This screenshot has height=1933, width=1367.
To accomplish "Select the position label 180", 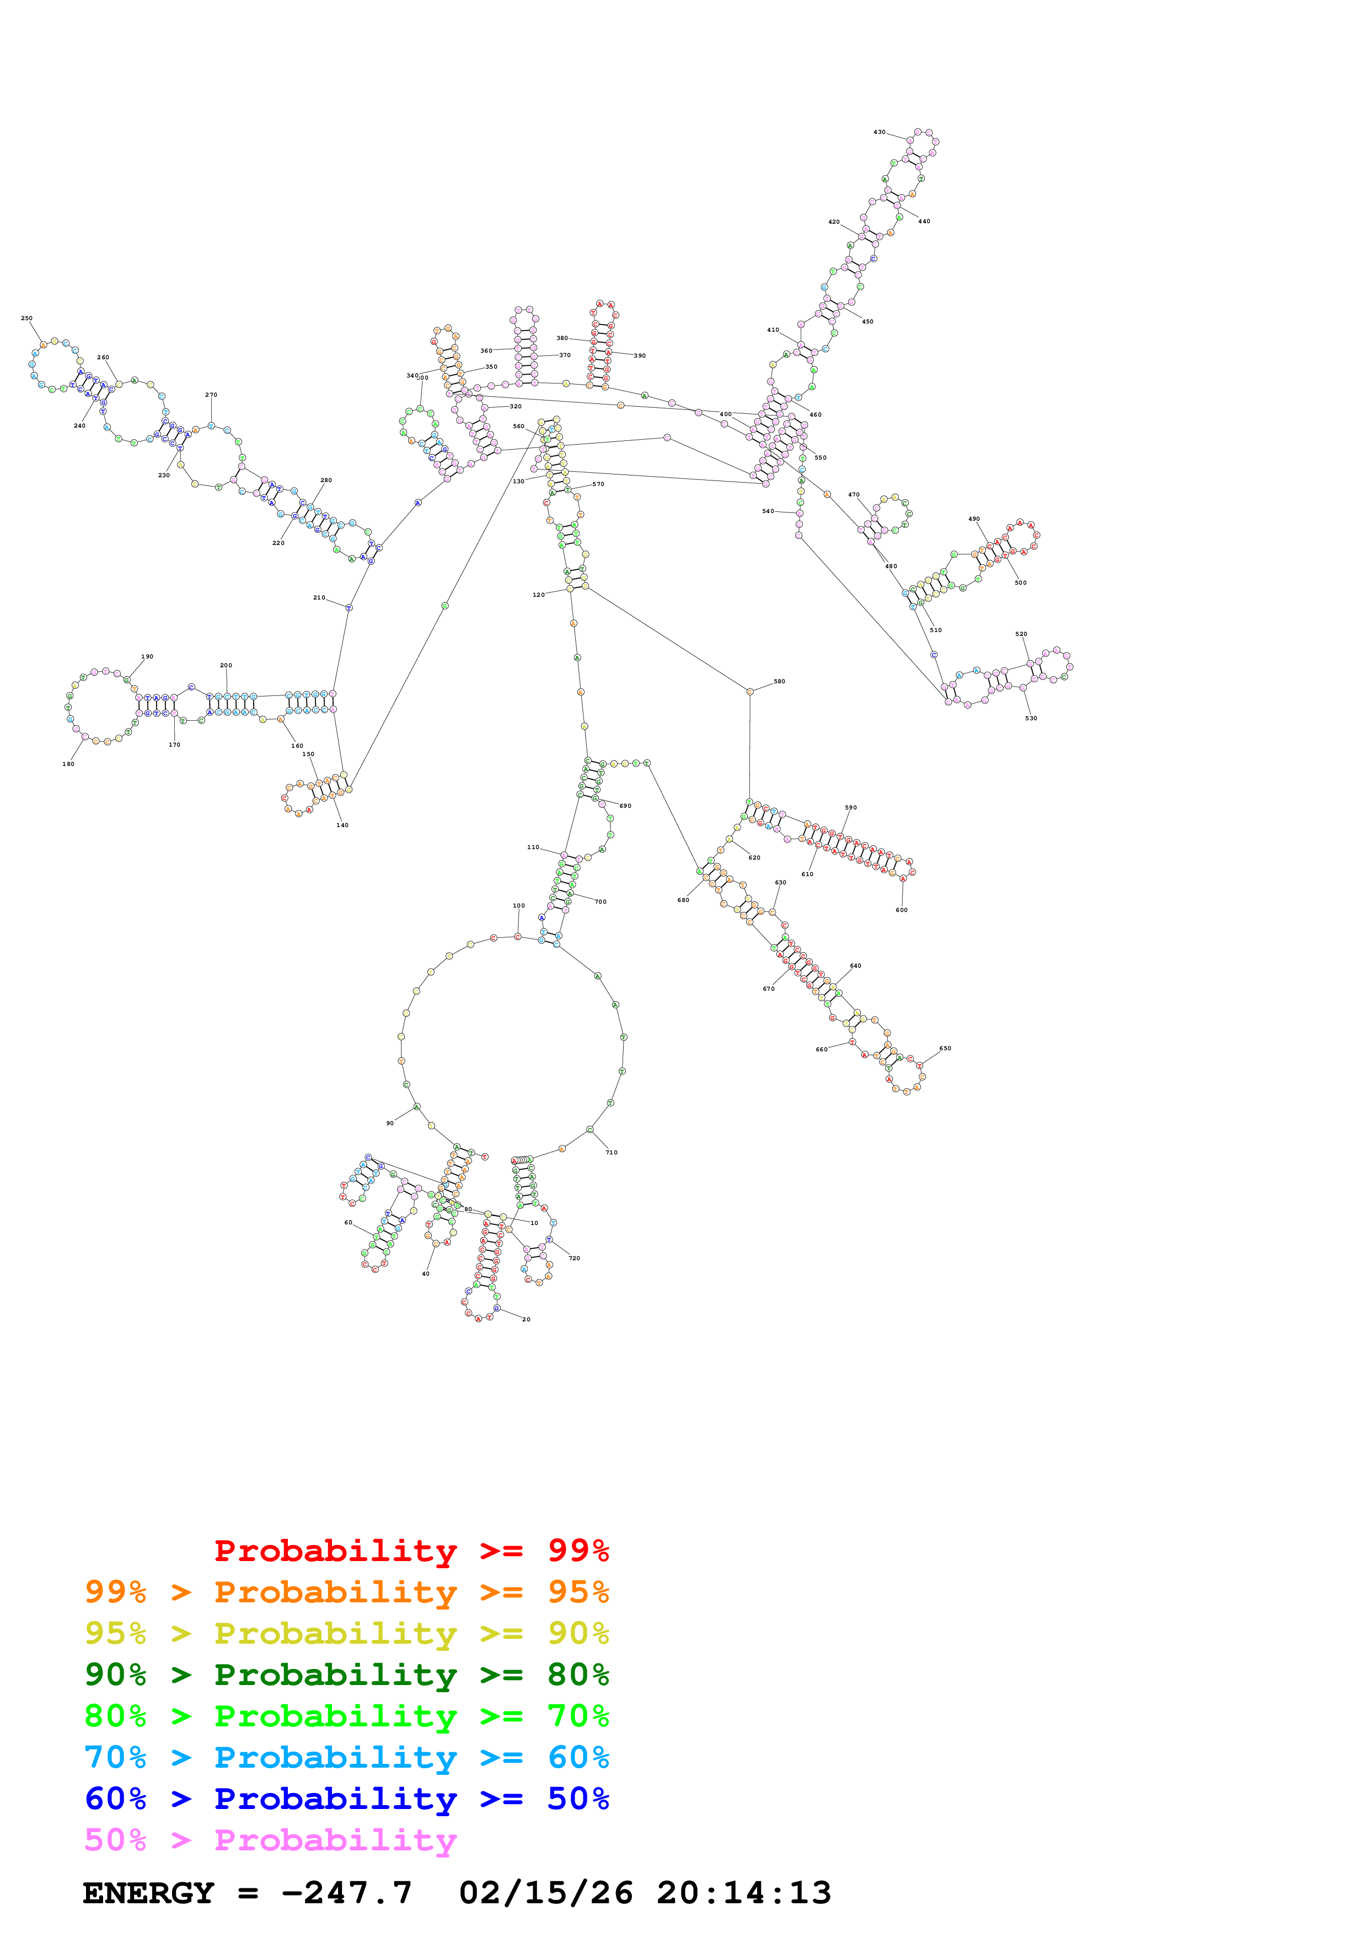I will tap(68, 764).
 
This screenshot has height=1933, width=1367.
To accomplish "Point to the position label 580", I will tap(779, 681).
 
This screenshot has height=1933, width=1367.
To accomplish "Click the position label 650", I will tap(945, 1048).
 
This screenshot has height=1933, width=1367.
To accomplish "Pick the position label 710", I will tap(612, 1152).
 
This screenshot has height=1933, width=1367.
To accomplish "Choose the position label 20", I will tap(527, 1319).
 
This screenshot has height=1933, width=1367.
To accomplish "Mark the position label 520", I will tap(1021, 633).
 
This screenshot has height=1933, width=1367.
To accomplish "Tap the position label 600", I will tap(901, 909).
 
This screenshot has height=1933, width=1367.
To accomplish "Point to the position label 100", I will tap(519, 906).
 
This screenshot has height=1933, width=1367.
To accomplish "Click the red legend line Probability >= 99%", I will tap(411, 1550).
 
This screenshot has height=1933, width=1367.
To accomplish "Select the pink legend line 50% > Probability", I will tap(270, 1839).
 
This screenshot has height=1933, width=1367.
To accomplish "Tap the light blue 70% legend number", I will tap(115, 1757).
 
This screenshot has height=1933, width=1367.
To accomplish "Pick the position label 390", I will tap(639, 355).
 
